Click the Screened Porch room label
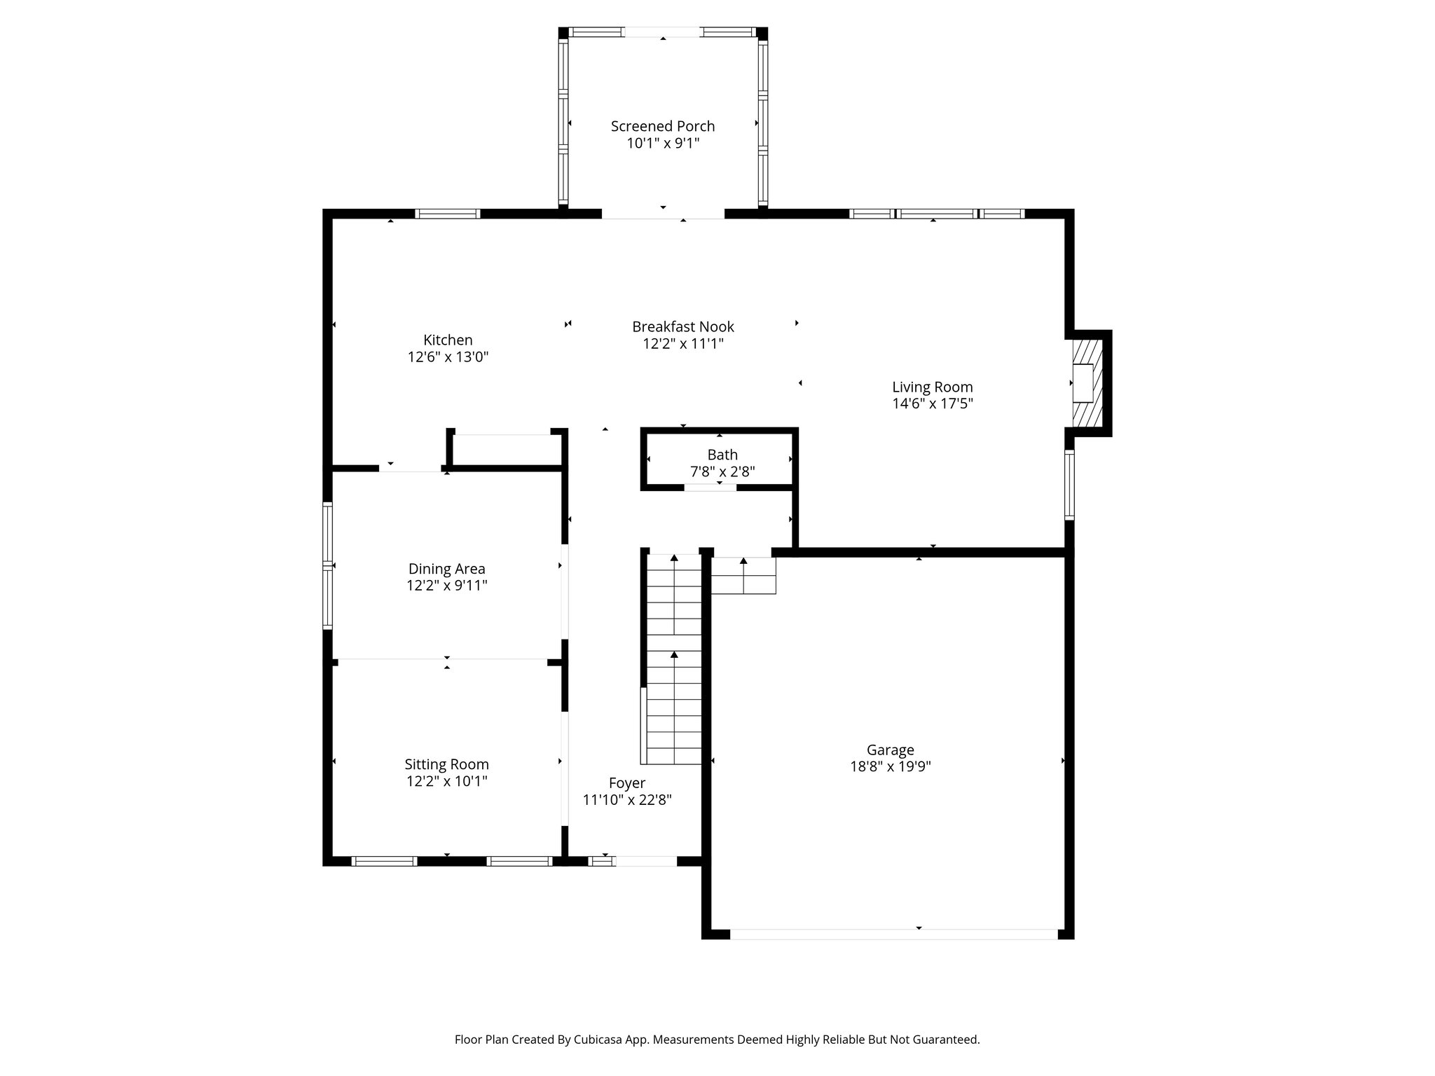pos(662,126)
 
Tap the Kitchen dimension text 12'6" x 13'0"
pos(448,357)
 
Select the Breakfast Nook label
pos(682,326)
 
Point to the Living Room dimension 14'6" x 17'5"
pos(932,404)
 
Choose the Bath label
pos(722,455)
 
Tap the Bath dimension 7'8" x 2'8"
pos(722,472)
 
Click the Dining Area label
pos(446,569)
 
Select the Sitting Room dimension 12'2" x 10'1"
pos(446,781)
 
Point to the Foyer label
pos(626,783)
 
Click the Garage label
pos(890,750)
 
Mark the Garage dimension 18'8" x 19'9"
pos(890,767)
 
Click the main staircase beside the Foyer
pos(673,658)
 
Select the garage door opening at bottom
pos(893,934)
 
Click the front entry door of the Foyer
pos(645,862)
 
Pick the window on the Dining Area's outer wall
pos(327,565)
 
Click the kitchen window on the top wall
pos(448,214)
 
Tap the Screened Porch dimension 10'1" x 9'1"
pos(662,144)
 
